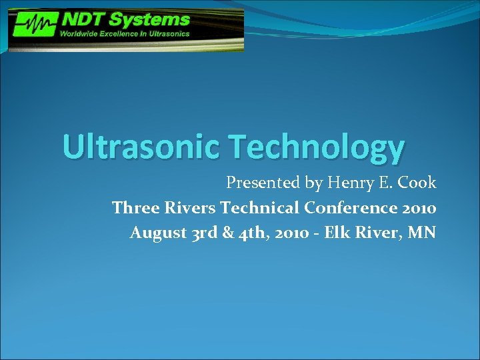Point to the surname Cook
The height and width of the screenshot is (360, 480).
pos(418,183)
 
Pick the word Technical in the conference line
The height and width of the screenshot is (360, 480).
pos(260,208)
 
